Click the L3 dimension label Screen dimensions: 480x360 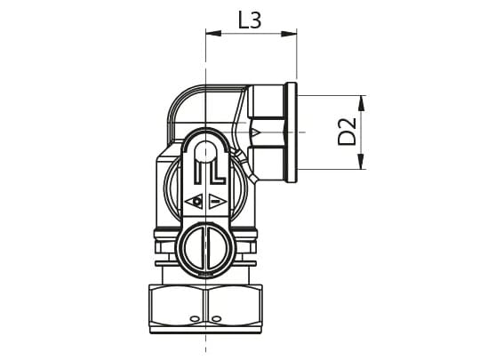(250, 20)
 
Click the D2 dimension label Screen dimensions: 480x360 (348, 132)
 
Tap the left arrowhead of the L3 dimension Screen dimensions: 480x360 (213, 34)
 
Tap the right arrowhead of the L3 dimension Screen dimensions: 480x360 (289, 34)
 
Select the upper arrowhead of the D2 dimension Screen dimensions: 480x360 (362, 103)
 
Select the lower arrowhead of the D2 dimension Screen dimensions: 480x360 (362, 161)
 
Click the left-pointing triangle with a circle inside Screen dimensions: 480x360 (195, 202)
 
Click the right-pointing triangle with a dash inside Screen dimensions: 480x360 (218, 202)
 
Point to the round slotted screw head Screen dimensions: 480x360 (205, 248)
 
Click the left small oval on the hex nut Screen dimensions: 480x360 (194, 319)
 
